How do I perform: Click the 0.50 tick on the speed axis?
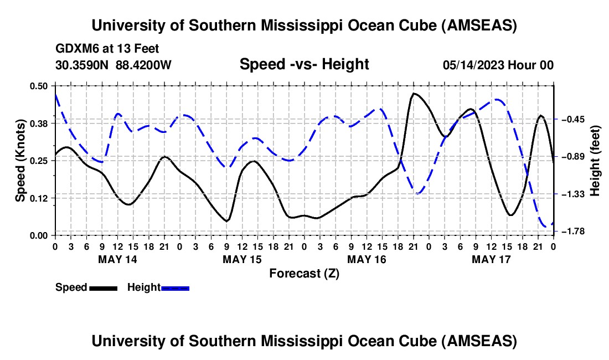(x=39, y=86)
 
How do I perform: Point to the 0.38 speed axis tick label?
(x=39, y=123)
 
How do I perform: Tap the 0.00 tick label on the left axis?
(x=39, y=235)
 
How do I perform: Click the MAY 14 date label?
(x=117, y=259)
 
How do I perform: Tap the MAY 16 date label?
(x=367, y=259)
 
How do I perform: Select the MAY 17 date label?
(x=491, y=259)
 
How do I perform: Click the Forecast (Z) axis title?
(x=304, y=273)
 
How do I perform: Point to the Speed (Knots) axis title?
(x=20, y=161)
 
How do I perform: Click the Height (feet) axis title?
(x=596, y=161)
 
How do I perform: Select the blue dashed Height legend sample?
(x=176, y=287)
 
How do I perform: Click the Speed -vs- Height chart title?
(x=304, y=64)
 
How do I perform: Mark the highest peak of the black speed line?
(x=414, y=94)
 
